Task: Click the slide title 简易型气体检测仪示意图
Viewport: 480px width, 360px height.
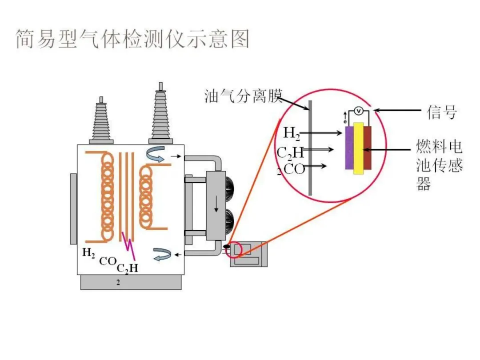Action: pyautogui.click(x=132, y=39)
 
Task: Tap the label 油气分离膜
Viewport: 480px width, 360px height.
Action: pyautogui.click(x=243, y=96)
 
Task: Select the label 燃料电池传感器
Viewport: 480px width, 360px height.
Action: pyautogui.click(x=439, y=164)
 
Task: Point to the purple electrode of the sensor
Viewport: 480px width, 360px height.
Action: pyautogui.click(x=349, y=148)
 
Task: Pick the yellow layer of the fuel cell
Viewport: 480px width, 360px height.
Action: pyautogui.click(x=359, y=148)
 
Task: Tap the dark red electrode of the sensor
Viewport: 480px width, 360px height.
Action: pyautogui.click(x=368, y=148)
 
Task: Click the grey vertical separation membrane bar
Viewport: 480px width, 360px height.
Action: pyautogui.click(x=310, y=147)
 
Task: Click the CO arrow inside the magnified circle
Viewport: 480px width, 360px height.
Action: pyautogui.click(x=317, y=166)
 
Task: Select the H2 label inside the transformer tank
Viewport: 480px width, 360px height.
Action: pyautogui.click(x=89, y=252)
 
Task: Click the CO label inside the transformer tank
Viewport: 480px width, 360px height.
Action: pyautogui.click(x=107, y=261)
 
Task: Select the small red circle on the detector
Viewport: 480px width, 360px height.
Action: pyautogui.click(x=233, y=250)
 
